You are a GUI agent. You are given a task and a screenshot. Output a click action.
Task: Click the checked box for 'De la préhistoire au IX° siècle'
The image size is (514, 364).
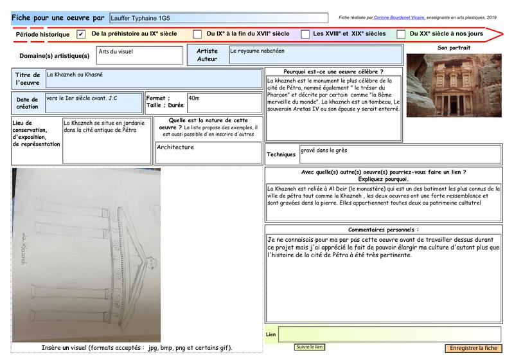point(81,34)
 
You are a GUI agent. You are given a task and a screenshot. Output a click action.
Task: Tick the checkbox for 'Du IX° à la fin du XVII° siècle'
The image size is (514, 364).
point(197,34)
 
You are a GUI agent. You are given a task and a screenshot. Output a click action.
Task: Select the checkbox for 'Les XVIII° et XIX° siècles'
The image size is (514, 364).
point(305,34)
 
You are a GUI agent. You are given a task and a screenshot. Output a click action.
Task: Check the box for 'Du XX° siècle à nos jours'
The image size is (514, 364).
point(401,34)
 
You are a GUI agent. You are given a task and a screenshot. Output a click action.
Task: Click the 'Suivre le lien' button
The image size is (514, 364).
point(310,347)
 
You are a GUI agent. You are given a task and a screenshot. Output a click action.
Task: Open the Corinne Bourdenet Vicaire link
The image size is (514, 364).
point(399,17)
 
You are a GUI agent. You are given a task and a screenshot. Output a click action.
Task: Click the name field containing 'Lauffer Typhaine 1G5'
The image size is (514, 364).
point(218,18)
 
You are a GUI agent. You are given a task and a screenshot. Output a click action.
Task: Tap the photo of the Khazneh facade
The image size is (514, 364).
point(454,86)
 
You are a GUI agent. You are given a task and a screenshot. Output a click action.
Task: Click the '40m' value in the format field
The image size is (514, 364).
point(194,98)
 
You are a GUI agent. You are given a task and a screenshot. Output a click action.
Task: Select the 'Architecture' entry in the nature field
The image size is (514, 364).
point(175,147)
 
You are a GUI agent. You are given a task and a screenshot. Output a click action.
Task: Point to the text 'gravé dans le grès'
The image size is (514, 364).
point(324,150)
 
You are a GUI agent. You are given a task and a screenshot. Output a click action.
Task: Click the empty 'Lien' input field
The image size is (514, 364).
point(389,334)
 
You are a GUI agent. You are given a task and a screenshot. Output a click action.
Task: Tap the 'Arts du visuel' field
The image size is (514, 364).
point(139,55)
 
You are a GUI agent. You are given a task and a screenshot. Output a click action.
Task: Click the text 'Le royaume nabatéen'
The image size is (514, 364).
point(257,51)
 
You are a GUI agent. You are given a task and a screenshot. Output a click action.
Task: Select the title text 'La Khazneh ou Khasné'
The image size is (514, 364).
point(75,75)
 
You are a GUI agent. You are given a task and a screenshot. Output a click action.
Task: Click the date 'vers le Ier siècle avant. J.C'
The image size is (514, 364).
point(82,98)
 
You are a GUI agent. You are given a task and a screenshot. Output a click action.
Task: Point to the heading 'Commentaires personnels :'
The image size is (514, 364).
point(383,230)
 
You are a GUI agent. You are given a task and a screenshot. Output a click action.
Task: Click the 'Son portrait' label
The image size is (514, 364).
point(454,48)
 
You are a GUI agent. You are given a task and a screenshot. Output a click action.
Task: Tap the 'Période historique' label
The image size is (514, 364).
point(42,35)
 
